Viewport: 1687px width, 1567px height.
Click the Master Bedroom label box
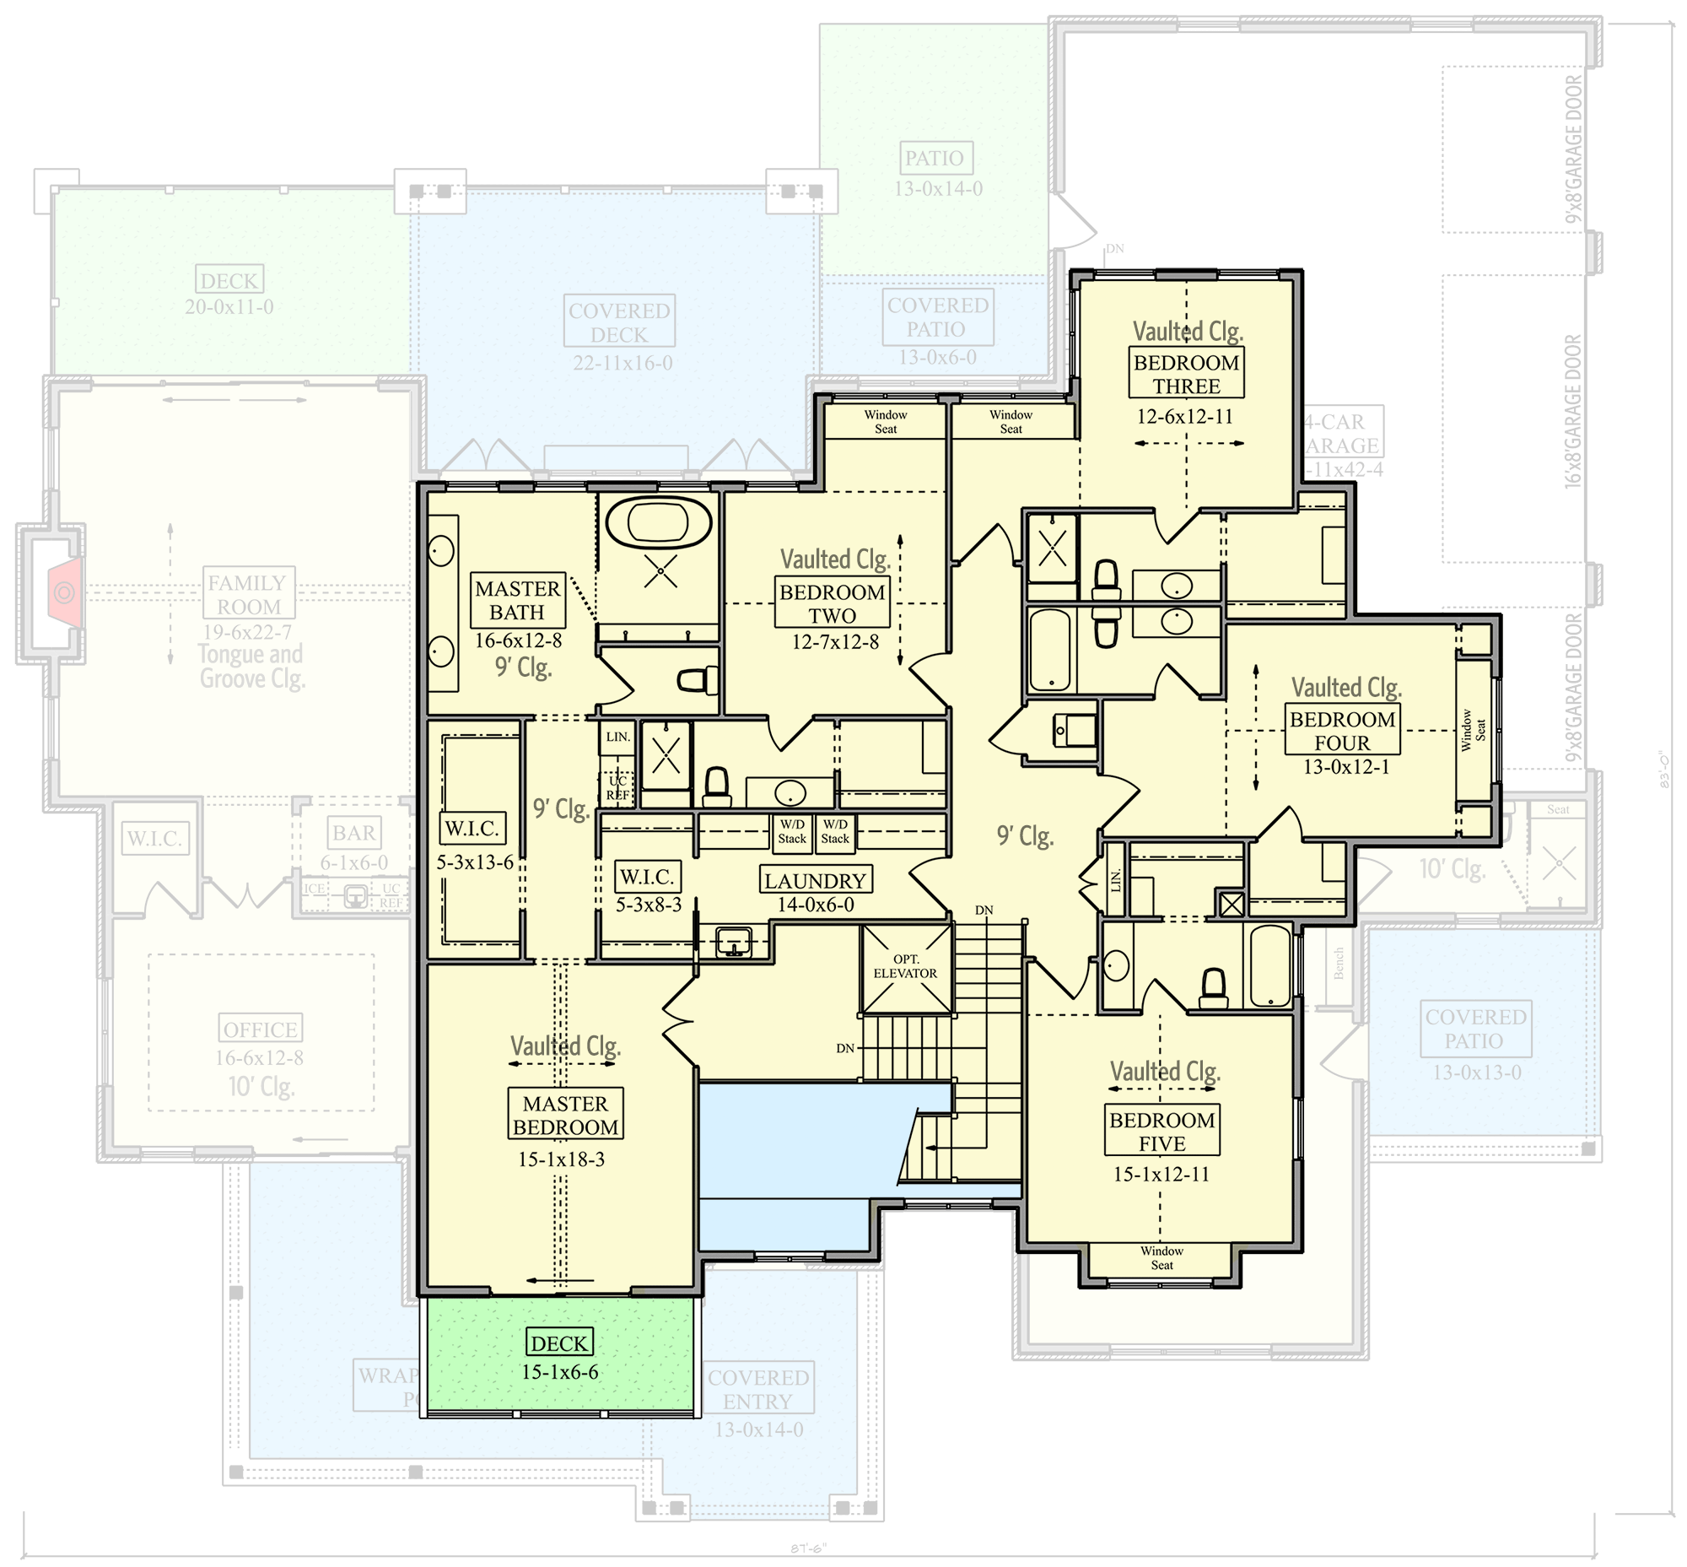565,1114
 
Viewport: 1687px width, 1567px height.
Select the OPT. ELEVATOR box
906,968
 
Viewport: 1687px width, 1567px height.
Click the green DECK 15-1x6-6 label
559,1343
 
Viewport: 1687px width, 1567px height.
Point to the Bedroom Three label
1186,374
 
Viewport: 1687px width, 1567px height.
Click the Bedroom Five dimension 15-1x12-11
1161,1175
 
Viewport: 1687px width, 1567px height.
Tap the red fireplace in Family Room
66,592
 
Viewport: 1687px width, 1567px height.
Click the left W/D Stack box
792,832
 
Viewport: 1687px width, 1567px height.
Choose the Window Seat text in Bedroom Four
1474,730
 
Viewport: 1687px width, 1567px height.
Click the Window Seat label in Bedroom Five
1161,1257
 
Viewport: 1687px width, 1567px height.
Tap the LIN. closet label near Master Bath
618,737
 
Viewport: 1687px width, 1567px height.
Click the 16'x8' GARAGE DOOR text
1572,412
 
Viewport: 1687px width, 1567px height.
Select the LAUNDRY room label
815,881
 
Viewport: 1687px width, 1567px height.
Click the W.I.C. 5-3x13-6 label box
473,829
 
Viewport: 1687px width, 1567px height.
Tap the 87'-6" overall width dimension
808,1548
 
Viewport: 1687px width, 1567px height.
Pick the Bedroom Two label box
832,603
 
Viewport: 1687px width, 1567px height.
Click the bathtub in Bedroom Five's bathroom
1269,966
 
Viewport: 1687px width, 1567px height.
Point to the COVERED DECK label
619,322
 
